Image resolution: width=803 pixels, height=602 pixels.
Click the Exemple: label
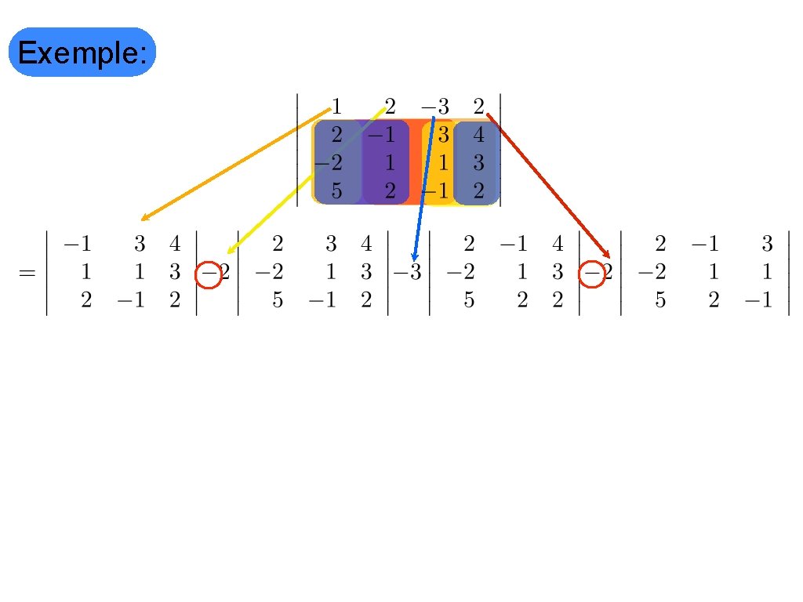(82, 53)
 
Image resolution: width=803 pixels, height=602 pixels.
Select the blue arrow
(423, 188)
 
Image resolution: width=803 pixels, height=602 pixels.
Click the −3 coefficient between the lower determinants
(408, 274)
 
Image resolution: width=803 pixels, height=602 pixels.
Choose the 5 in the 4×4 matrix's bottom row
(336, 190)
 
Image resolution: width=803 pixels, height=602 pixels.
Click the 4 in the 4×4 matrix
(479, 135)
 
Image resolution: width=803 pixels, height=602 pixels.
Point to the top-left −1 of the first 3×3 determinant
(76, 245)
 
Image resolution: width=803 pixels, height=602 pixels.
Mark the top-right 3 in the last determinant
(768, 245)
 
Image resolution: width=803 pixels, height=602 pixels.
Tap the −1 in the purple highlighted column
(383, 135)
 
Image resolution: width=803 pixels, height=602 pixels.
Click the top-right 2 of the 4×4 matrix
(479, 105)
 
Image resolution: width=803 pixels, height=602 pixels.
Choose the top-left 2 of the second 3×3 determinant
(278, 245)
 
